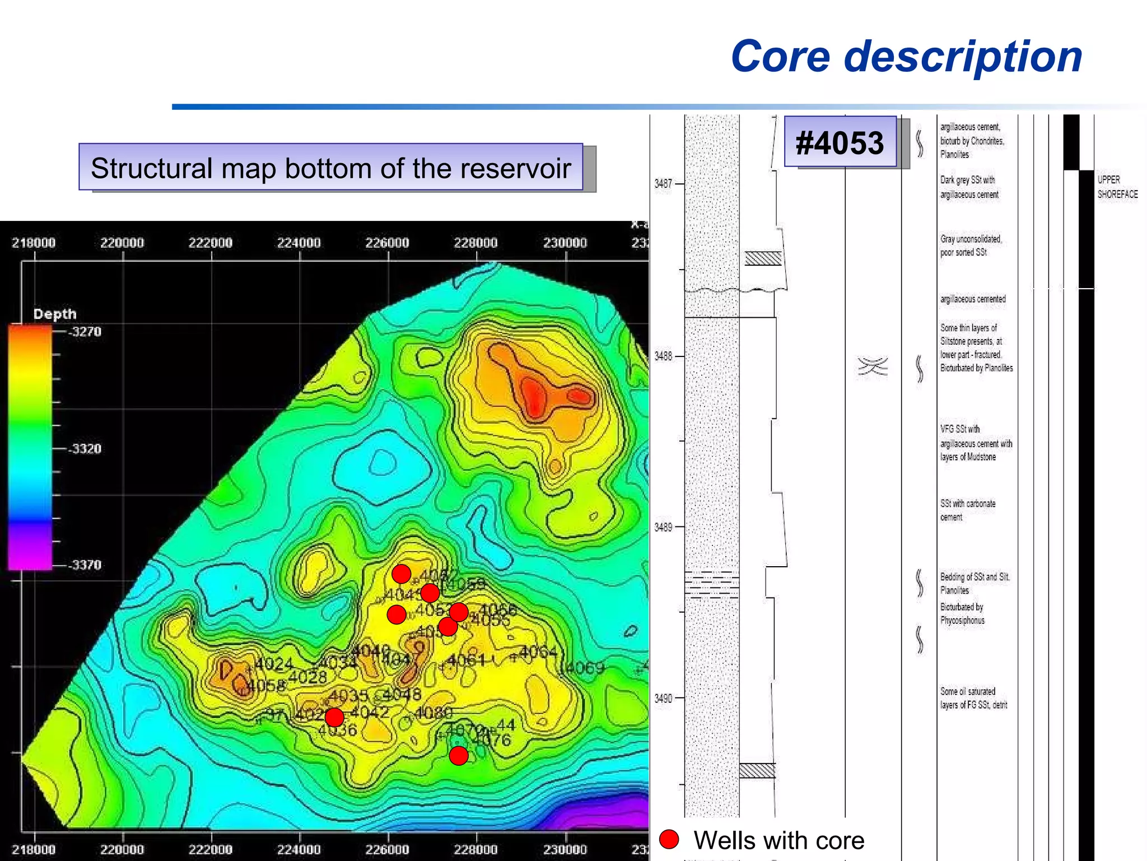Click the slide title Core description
pos(906,57)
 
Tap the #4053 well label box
pos(840,142)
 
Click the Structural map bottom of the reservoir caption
pos(331,168)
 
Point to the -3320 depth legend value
pos(85,448)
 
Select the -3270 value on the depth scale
pos(85,331)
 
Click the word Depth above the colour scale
pos(54,314)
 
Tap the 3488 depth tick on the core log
pos(663,356)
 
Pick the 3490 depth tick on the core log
pos(663,698)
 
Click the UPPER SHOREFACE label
pos(1117,187)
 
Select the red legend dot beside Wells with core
pos(669,839)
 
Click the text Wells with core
pos(778,840)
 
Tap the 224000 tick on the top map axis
pos(299,243)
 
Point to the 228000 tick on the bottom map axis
pos(475,849)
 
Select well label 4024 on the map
pos(274,664)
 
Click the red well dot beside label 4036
pos(334,717)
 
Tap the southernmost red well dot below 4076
pos(458,756)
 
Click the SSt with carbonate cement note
pos(967,510)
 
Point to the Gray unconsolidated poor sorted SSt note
pos(970,246)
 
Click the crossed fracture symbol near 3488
pos(873,367)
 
